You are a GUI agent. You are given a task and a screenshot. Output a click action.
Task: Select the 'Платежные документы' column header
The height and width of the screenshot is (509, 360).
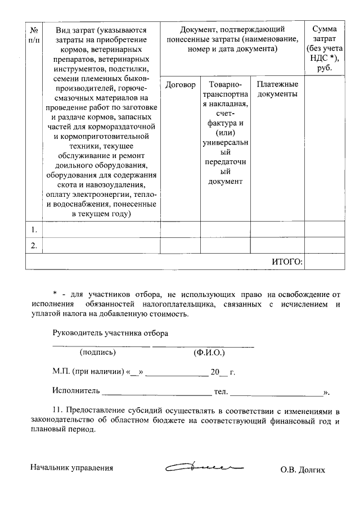(277, 89)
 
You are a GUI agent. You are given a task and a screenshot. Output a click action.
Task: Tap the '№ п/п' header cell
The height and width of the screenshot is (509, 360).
(34, 34)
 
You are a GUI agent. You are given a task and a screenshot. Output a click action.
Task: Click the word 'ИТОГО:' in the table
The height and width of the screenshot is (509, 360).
(287, 262)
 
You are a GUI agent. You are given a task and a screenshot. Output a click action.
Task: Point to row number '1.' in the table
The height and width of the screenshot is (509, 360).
(34, 229)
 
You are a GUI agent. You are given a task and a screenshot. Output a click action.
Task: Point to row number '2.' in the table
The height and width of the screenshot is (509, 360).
(34, 245)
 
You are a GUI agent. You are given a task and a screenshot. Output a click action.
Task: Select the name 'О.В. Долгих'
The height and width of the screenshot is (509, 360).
(303, 469)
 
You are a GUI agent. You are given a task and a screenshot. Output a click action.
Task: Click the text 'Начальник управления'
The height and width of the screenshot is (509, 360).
(72, 468)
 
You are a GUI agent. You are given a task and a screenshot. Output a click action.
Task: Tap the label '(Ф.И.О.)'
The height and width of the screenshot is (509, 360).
(209, 353)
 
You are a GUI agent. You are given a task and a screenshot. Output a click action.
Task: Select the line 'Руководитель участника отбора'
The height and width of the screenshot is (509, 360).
(111, 333)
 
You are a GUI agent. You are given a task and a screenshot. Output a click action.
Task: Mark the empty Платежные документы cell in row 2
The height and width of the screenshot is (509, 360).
(277, 245)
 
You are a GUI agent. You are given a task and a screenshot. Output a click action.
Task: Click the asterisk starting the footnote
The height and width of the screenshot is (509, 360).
(55, 294)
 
